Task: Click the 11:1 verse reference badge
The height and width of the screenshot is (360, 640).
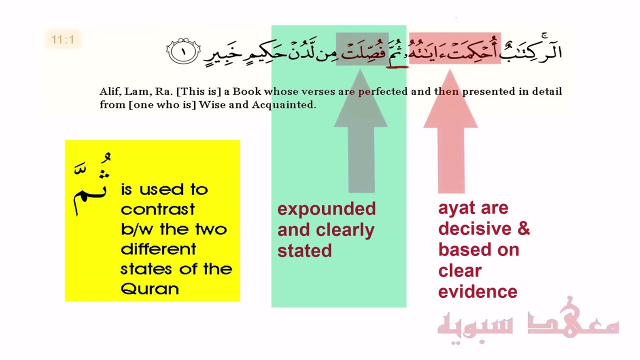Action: pyautogui.click(x=62, y=39)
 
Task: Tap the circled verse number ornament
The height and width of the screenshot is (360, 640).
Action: pyautogui.click(x=183, y=51)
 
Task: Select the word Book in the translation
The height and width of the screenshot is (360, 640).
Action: pyautogui.click(x=246, y=91)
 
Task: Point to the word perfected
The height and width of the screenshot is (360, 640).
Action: pyautogui.click(x=382, y=92)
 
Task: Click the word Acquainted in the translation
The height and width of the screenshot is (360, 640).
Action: pyautogui.click(x=283, y=105)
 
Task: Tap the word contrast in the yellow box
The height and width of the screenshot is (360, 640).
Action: pyautogui.click(x=157, y=209)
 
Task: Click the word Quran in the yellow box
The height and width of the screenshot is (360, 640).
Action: pyautogui.click(x=149, y=289)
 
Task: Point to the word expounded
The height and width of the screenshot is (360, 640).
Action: pyautogui.click(x=326, y=209)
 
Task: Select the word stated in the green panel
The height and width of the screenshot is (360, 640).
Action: pyautogui.click(x=304, y=250)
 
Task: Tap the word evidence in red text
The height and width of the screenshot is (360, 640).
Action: pyautogui.click(x=477, y=291)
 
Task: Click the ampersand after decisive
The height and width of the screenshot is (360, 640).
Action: pyautogui.click(x=523, y=228)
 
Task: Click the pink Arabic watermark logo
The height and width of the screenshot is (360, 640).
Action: pyautogui.click(x=528, y=322)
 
